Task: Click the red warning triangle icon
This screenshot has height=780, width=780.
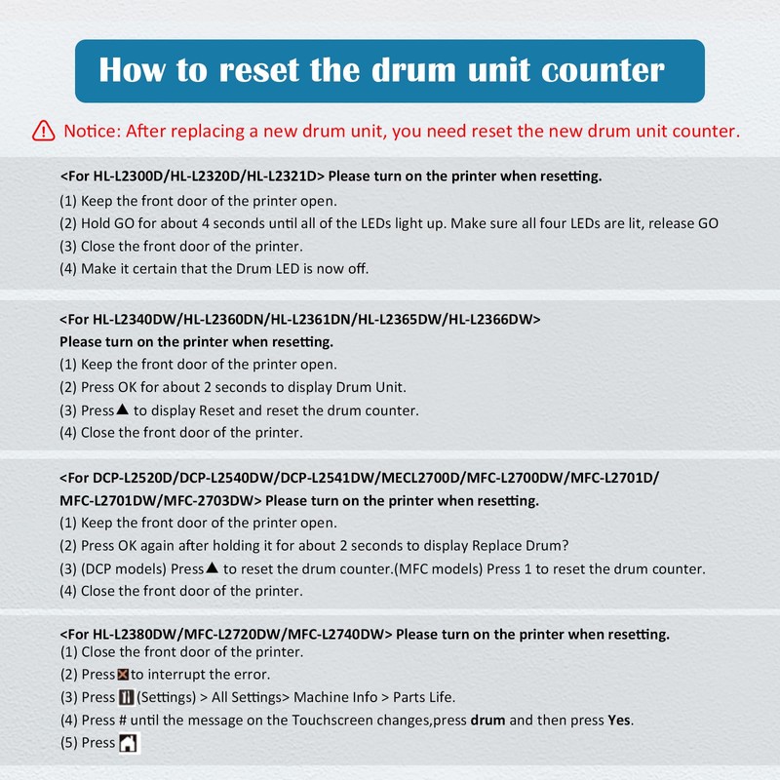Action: click(x=44, y=130)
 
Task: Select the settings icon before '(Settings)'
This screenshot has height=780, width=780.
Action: click(x=126, y=697)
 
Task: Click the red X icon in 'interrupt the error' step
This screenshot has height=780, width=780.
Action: click(x=123, y=675)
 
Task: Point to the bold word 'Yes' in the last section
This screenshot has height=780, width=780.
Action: click(x=619, y=720)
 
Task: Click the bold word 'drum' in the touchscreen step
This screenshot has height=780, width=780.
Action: click(x=488, y=720)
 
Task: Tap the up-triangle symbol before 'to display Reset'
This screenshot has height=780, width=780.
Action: click(x=123, y=409)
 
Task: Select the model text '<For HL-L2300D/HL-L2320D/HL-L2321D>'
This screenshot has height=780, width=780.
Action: click(x=192, y=176)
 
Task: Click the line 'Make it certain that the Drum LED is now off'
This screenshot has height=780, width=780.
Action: click(x=224, y=268)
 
